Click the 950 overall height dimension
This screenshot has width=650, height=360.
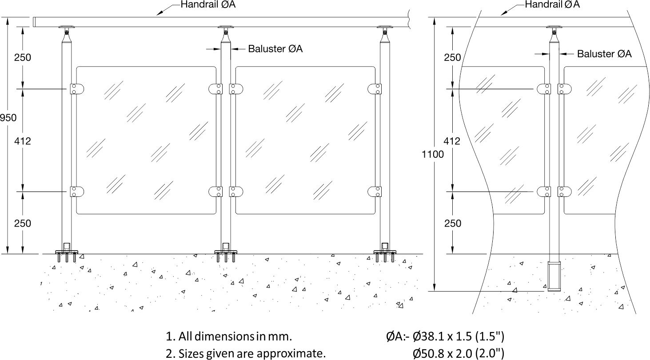(8, 118)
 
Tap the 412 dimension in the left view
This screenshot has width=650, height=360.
(22, 141)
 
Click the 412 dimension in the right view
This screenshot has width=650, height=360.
(452, 141)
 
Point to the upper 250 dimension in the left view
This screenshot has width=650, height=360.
(22, 57)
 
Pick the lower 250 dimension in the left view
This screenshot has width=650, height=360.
(22, 223)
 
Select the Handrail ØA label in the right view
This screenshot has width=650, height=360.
(552, 5)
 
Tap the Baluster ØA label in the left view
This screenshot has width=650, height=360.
(275, 49)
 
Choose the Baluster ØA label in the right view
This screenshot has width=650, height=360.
(604, 54)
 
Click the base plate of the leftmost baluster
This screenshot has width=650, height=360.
(67, 252)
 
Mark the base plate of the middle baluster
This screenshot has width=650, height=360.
(226, 252)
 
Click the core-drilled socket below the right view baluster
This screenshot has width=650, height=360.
(554, 276)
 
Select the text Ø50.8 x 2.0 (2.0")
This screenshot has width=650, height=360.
(459, 353)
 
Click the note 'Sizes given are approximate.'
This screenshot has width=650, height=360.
(246, 353)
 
